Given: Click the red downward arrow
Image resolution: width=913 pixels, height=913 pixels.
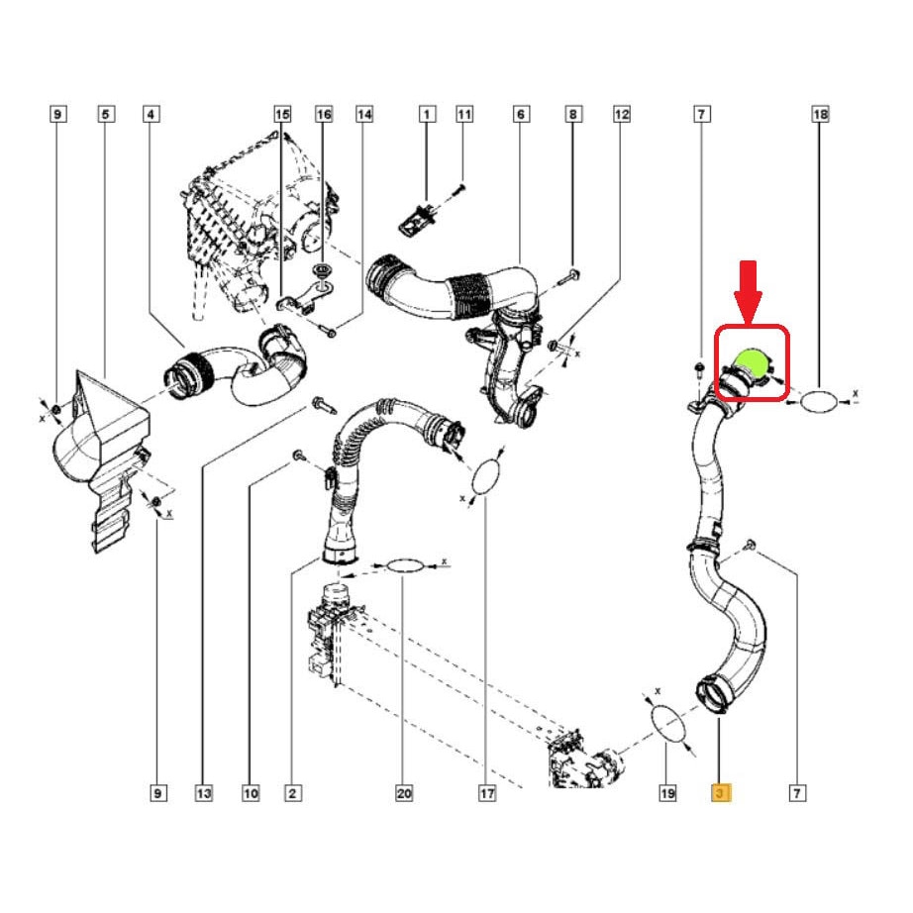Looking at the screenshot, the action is [749, 291].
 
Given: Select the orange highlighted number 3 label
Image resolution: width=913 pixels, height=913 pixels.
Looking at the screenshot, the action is [721, 792].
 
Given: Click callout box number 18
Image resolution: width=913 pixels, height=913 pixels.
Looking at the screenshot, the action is [820, 114].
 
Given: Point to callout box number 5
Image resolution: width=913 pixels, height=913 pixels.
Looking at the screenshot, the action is [105, 114].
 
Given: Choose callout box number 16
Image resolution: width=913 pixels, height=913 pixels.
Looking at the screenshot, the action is [324, 114].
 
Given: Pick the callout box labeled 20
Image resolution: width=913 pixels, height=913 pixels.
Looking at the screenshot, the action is [403, 792].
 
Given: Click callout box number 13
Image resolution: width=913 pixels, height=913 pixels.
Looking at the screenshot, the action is [204, 792].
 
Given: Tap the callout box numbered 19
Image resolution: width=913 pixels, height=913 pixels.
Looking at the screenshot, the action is [667, 792].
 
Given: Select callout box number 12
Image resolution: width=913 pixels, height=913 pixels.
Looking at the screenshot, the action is [622, 114].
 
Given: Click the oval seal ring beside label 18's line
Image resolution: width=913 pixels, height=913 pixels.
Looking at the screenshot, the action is [818, 402].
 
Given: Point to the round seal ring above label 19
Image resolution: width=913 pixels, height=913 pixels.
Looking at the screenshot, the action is [667, 724].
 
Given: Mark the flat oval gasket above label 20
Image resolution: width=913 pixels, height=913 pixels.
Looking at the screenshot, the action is [405, 565].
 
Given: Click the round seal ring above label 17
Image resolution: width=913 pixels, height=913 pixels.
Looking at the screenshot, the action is [486, 476].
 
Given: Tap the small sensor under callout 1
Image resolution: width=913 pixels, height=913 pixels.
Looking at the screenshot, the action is [415, 219].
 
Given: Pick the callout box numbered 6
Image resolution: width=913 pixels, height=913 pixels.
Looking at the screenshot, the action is [521, 114].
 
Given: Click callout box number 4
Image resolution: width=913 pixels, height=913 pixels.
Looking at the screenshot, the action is [151, 114].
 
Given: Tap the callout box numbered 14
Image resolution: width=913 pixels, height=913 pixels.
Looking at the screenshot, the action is [364, 114].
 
